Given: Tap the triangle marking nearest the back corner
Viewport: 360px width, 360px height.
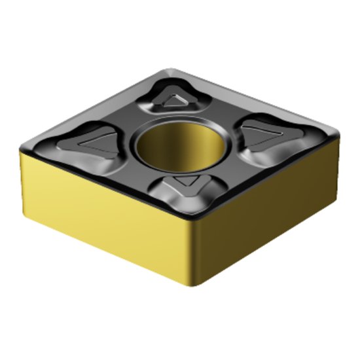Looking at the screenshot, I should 175,99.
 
